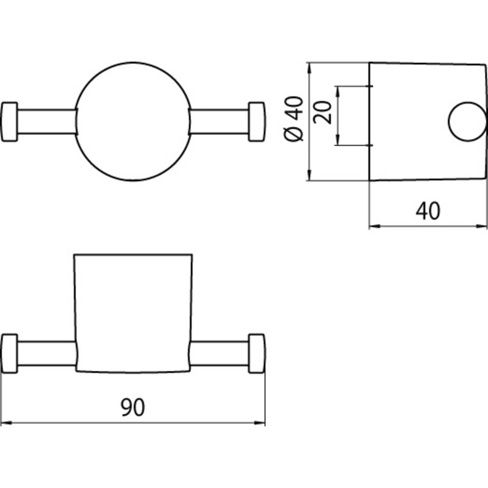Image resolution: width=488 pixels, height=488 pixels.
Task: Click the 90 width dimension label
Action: click(x=133, y=407)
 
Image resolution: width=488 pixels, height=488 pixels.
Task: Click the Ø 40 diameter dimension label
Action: click(x=294, y=118)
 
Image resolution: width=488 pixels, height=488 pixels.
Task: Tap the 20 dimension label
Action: click(x=323, y=112)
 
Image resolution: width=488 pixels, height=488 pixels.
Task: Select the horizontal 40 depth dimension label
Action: click(x=428, y=210)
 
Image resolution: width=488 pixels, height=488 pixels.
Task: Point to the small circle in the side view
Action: click(x=449, y=121)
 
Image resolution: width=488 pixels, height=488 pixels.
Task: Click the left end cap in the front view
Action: click(x=9, y=121)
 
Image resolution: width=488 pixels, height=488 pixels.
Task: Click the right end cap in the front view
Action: click(x=257, y=121)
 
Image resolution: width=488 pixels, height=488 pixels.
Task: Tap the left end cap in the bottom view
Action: click(x=9, y=353)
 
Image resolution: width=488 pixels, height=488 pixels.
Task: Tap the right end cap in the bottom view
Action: click(x=257, y=353)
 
